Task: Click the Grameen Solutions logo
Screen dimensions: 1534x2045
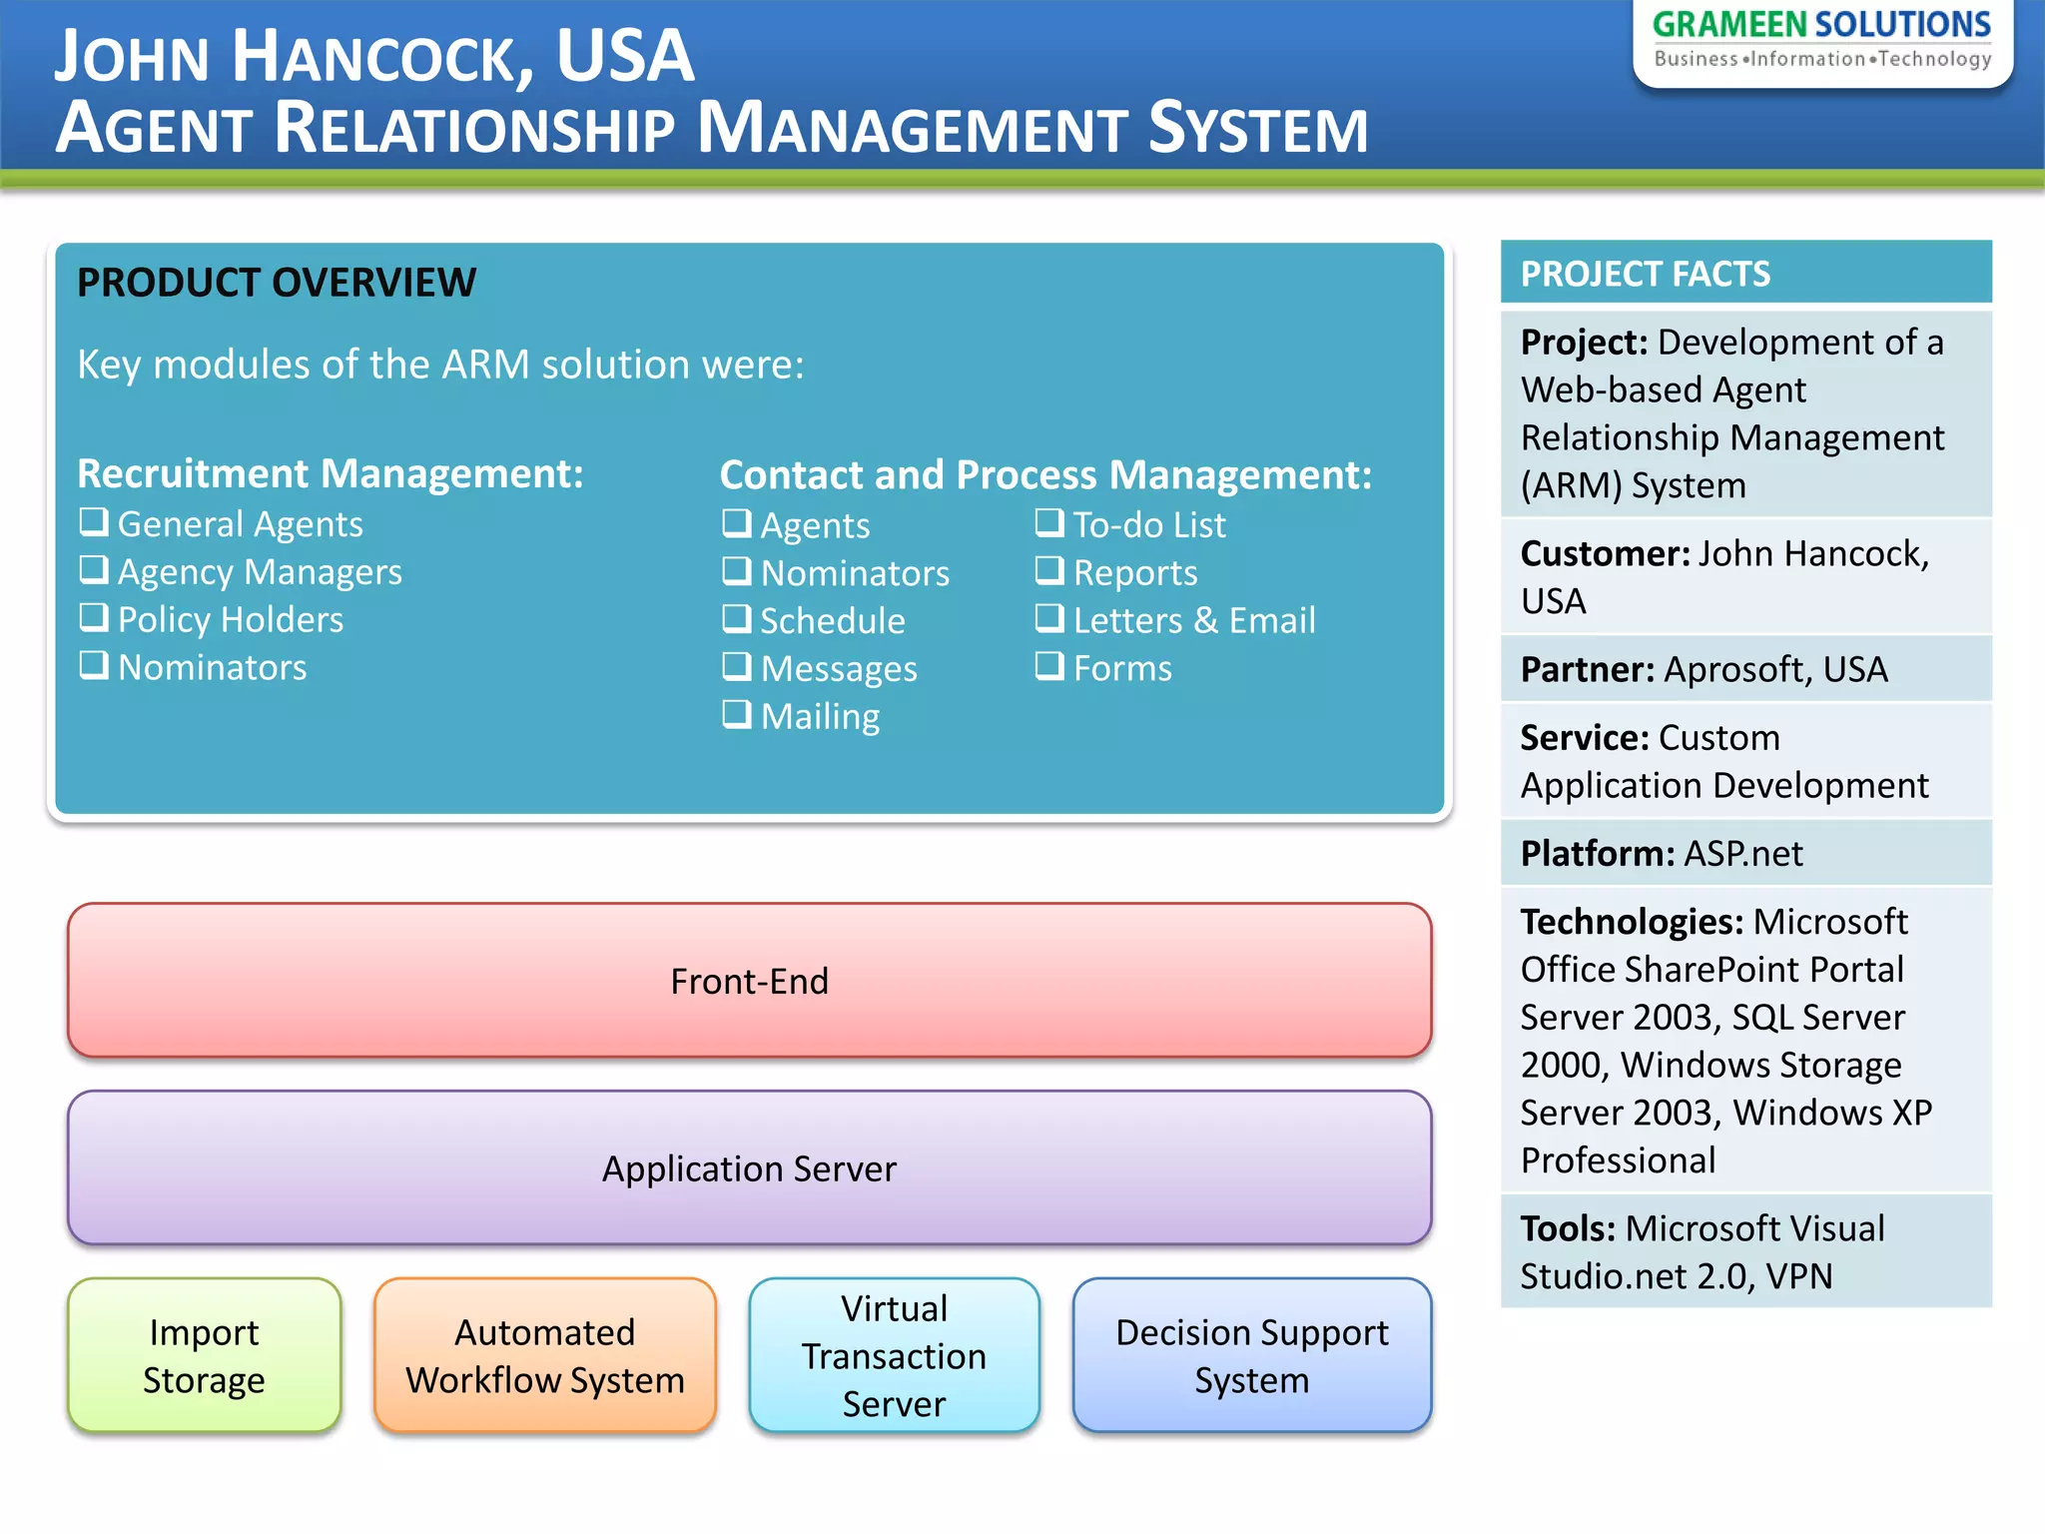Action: point(1821,40)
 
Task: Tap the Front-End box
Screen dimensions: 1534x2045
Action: point(749,981)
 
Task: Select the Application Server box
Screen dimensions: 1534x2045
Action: point(749,1167)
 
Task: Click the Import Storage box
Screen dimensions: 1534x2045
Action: point(204,1355)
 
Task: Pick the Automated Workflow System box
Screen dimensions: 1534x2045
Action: point(545,1355)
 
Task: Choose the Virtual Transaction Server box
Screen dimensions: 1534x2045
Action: point(894,1355)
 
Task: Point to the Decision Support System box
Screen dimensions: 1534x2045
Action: point(1251,1355)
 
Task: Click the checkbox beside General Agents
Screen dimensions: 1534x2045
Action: point(94,521)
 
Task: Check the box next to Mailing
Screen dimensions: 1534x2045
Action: point(737,714)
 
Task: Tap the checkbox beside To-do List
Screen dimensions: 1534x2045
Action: point(1049,522)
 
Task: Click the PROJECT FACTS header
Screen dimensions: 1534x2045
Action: point(1645,274)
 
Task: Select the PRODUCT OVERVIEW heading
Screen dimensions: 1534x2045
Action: point(277,283)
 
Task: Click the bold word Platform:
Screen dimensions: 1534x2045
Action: point(1597,854)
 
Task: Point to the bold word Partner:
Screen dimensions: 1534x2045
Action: point(1587,669)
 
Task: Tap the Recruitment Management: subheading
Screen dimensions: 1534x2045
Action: point(330,473)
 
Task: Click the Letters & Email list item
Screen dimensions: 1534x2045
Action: point(1193,620)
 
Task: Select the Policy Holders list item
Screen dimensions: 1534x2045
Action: point(230,619)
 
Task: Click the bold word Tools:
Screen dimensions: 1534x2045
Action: point(1567,1228)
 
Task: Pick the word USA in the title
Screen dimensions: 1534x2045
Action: point(624,56)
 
